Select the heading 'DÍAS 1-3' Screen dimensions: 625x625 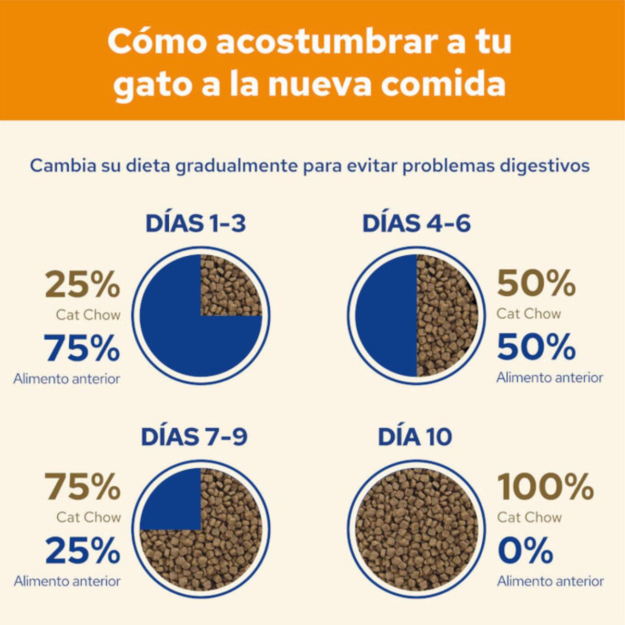coord(195,223)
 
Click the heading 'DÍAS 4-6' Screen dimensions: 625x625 coord(416,223)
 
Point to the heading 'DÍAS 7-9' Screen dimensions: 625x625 coord(194,436)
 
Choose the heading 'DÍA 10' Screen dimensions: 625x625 coord(415,436)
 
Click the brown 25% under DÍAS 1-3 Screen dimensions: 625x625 coord(82,284)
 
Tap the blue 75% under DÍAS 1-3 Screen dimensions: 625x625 coord(82,348)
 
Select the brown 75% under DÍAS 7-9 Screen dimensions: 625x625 coord(82,486)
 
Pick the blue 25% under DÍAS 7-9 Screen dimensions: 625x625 coord(82,551)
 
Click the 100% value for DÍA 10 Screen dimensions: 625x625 coord(545,486)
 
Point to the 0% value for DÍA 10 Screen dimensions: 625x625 coord(525,551)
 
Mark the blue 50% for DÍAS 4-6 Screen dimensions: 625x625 coord(536,347)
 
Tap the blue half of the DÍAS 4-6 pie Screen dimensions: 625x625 coord(386,315)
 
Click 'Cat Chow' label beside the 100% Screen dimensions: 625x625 coord(529,517)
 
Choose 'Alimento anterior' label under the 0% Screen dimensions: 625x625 coord(550,581)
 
